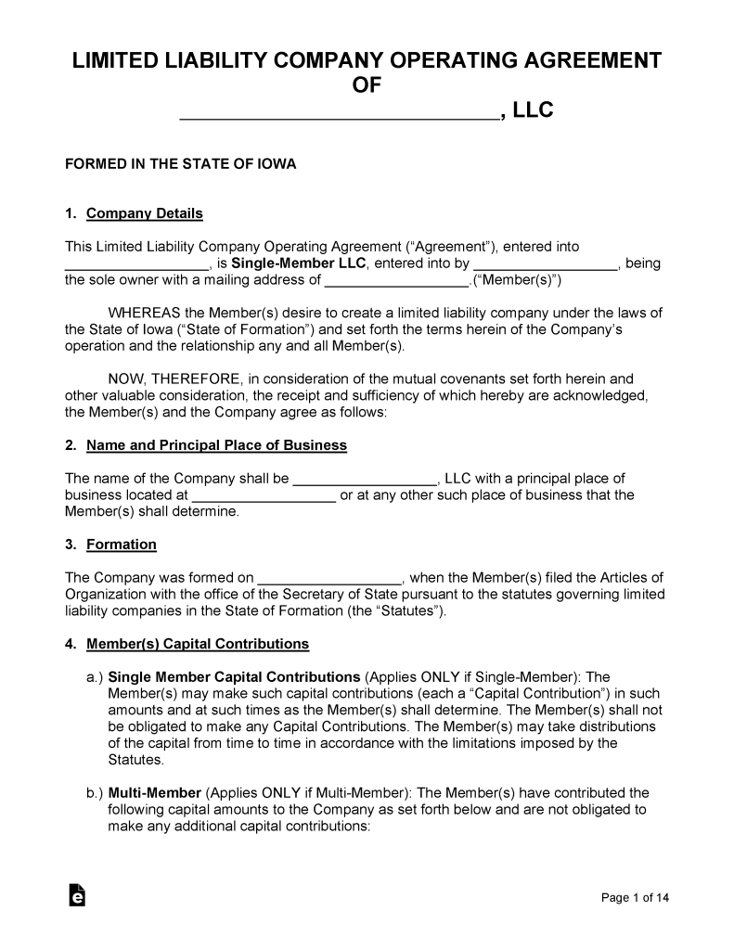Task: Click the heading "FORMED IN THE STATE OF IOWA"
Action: (180, 164)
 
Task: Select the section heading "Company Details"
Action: (144, 213)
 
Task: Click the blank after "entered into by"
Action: (545, 263)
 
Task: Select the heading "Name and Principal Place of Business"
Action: (216, 445)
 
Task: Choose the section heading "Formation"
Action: (121, 545)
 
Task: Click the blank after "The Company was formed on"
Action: (328, 578)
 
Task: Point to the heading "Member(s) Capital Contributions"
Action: (198, 644)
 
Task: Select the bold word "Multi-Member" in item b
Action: (154, 793)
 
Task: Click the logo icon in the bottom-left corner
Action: (77, 894)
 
